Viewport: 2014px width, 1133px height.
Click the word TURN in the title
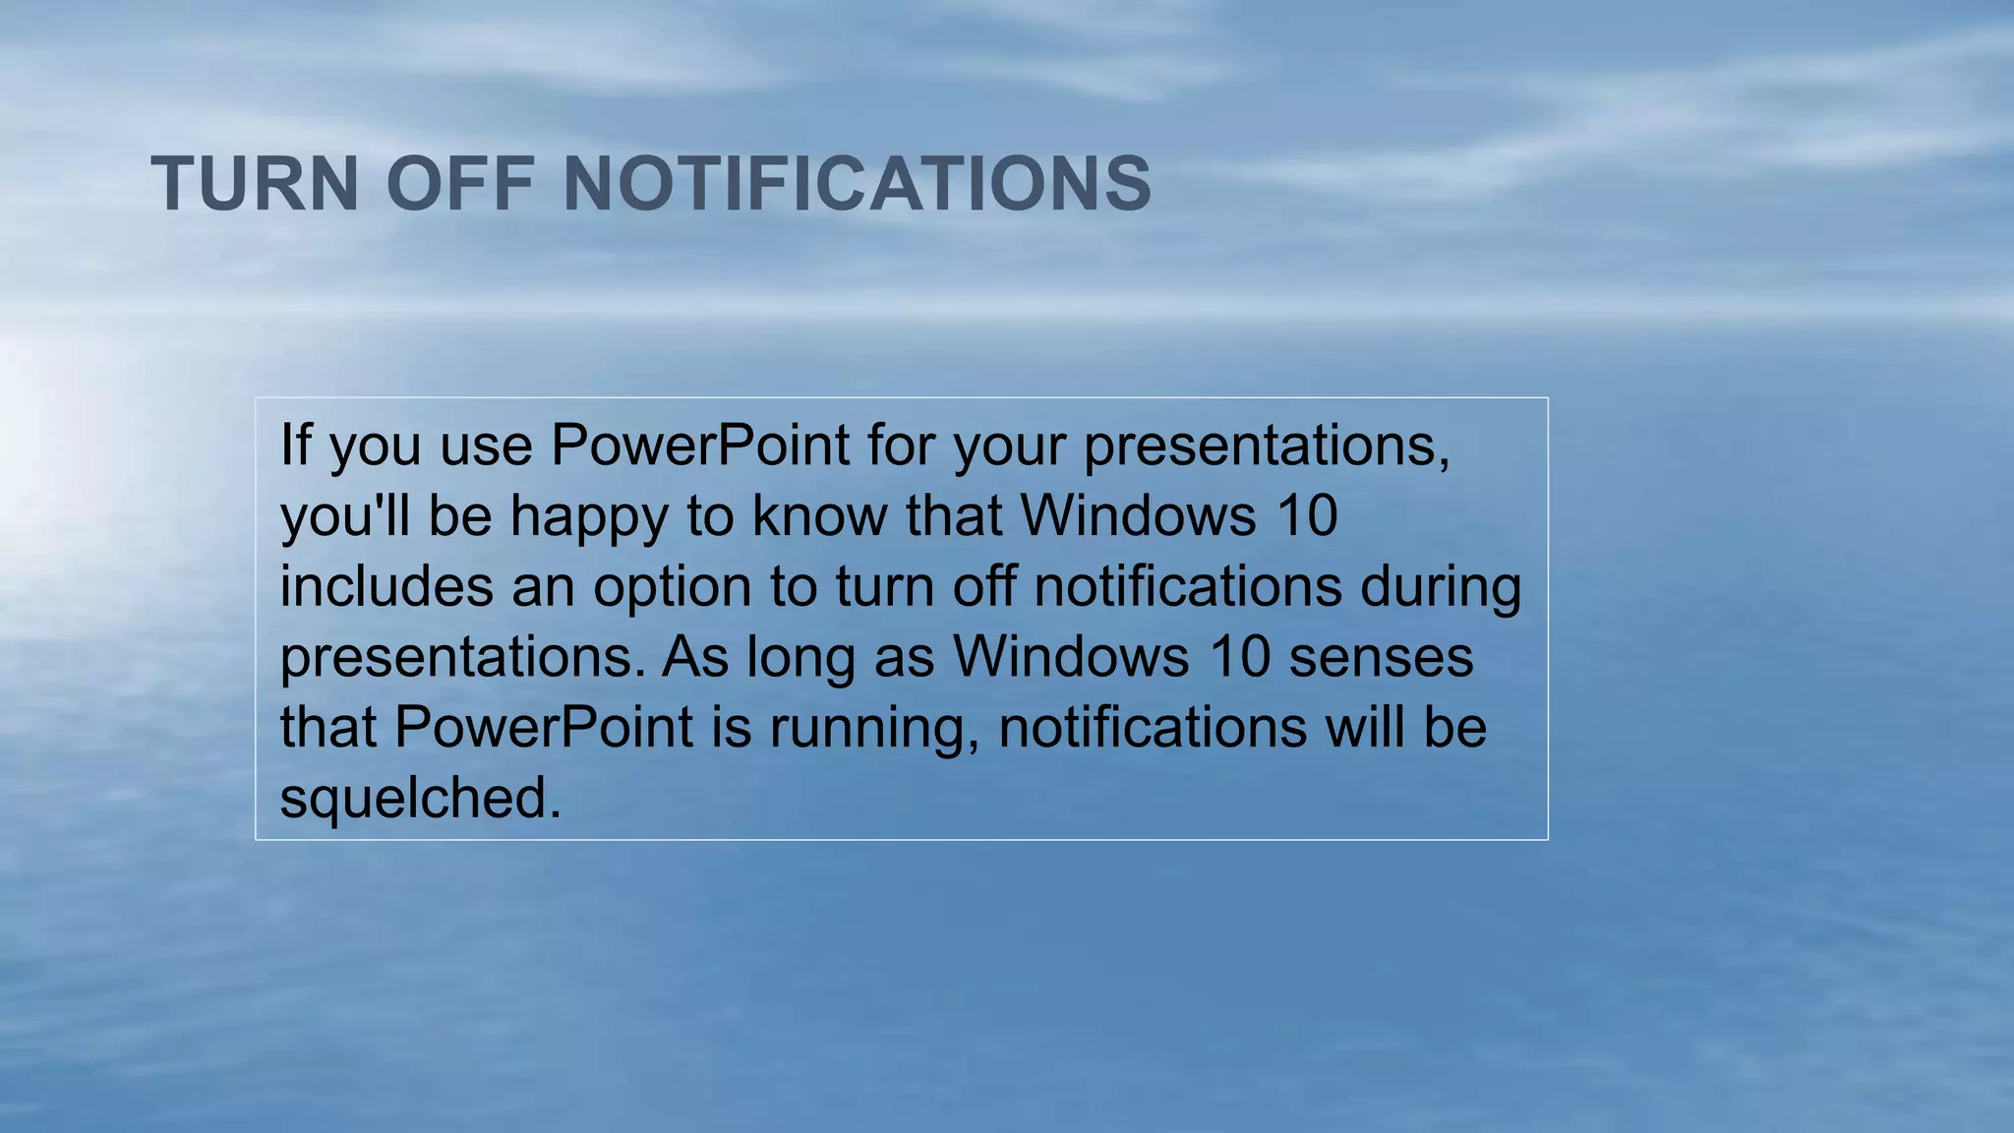click(255, 184)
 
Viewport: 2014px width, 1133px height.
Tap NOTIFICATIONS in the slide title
click(857, 184)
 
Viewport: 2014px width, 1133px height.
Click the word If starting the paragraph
click(295, 445)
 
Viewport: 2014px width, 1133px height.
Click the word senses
click(1381, 657)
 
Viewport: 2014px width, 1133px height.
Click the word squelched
click(420, 798)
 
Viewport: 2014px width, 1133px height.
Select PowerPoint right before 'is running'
click(544, 727)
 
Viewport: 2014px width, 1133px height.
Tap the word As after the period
click(695, 657)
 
